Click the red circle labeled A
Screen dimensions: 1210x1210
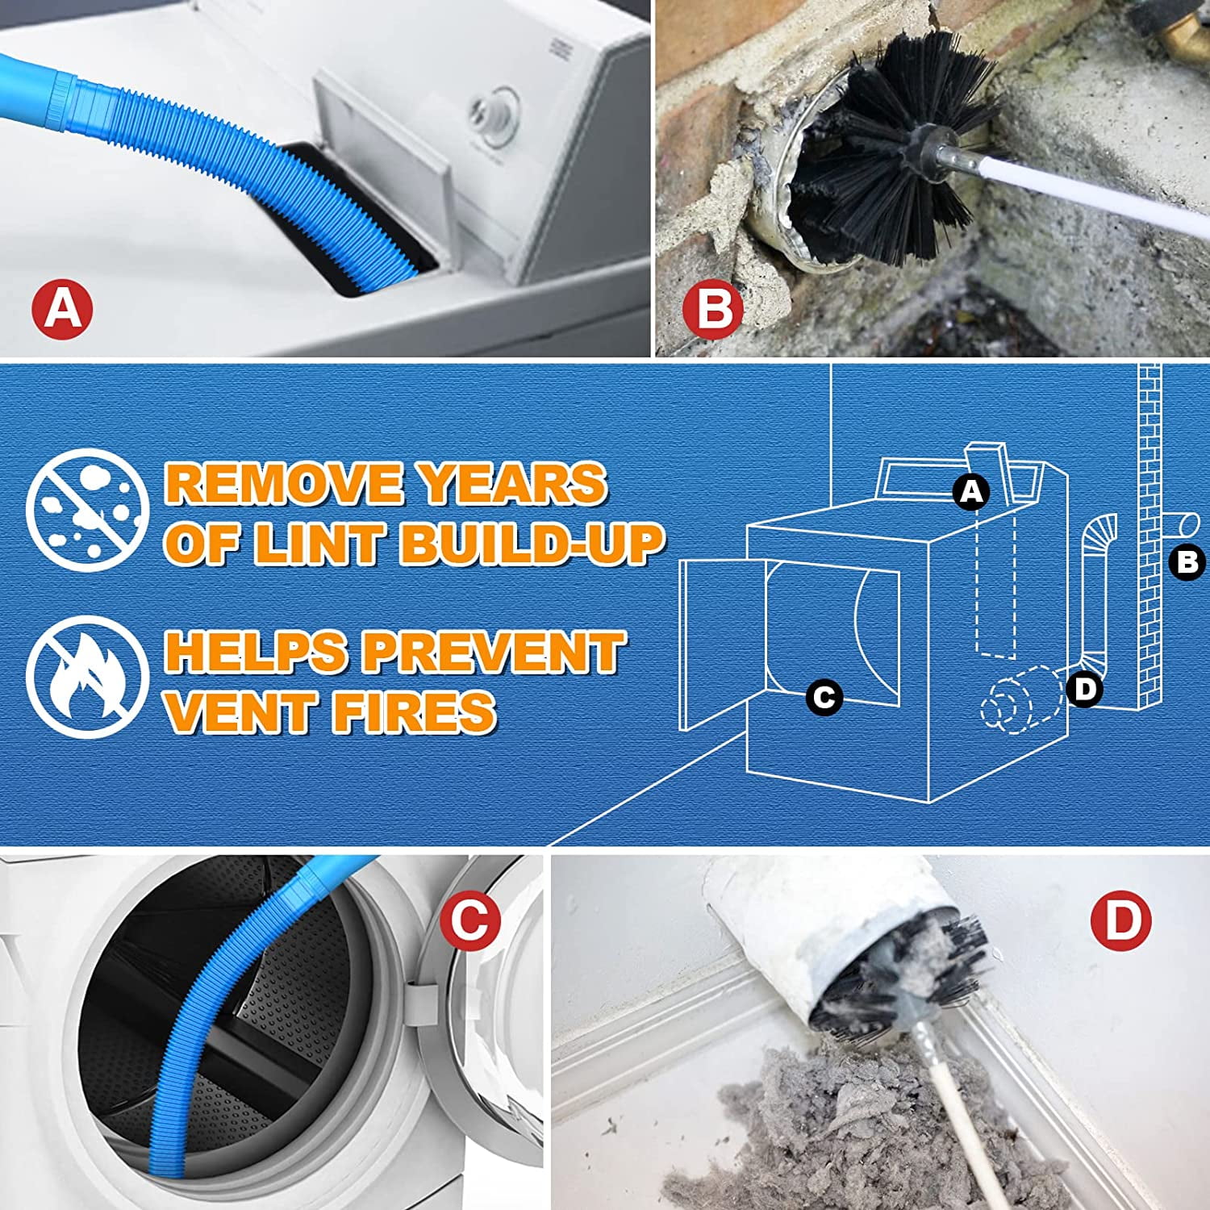63,308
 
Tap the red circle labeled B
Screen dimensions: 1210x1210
713,308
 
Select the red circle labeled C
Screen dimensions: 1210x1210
470,921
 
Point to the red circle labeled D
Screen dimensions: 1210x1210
1120,921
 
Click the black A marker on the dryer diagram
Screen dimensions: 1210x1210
971,490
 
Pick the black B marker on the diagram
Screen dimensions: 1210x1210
1187,562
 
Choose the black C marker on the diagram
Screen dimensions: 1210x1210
824,696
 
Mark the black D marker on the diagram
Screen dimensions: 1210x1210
1085,689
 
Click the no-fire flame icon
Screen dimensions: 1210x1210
87,677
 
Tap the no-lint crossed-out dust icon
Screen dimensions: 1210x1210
87,510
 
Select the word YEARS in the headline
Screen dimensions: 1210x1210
513,484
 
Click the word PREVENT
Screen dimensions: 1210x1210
492,652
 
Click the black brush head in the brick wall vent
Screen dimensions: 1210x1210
883,161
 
